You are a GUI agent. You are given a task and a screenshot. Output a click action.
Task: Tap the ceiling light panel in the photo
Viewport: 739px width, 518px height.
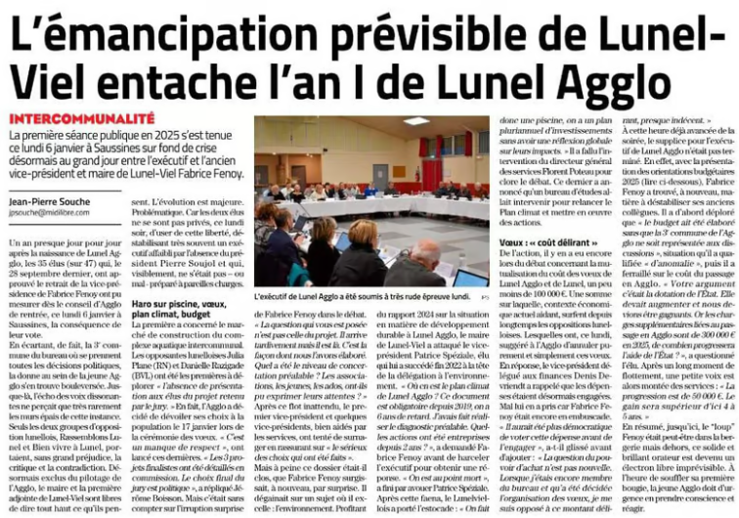[417, 122]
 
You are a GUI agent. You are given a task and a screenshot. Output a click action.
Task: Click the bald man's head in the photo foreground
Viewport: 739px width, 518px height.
[425, 251]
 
